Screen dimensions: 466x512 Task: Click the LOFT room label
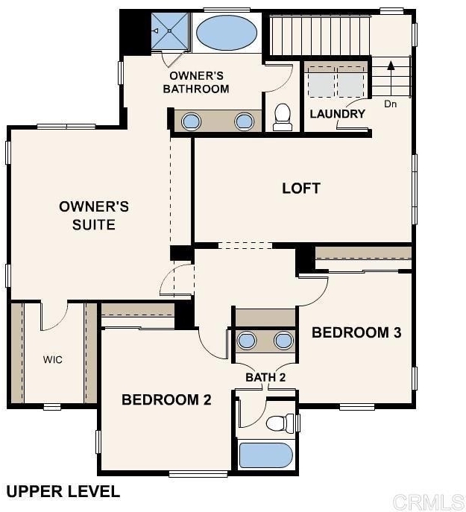[301, 189]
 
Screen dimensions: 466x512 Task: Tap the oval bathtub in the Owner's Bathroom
[227, 32]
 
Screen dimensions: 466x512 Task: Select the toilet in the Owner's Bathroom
[283, 118]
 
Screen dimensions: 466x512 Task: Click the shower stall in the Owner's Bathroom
[170, 31]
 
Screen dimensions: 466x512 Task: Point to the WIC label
[53, 359]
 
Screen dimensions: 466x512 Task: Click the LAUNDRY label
[337, 114]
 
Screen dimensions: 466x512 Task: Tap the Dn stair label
[390, 104]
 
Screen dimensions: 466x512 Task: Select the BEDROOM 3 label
[356, 332]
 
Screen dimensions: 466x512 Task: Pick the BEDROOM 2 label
[166, 399]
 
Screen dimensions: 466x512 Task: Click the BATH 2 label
[265, 377]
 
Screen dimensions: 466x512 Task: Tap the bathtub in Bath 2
[265, 455]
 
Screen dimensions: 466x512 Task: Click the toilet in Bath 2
[280, 423]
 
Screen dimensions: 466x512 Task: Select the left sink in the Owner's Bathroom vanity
[191, 121]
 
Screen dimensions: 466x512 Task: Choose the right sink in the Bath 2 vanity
[283, 341]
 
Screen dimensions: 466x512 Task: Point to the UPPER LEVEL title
[63, 492]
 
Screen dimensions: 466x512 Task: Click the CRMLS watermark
[429, 502]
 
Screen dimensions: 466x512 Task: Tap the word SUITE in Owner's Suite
[94, 224]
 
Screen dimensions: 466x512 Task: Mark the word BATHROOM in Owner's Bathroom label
[196, 89]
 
